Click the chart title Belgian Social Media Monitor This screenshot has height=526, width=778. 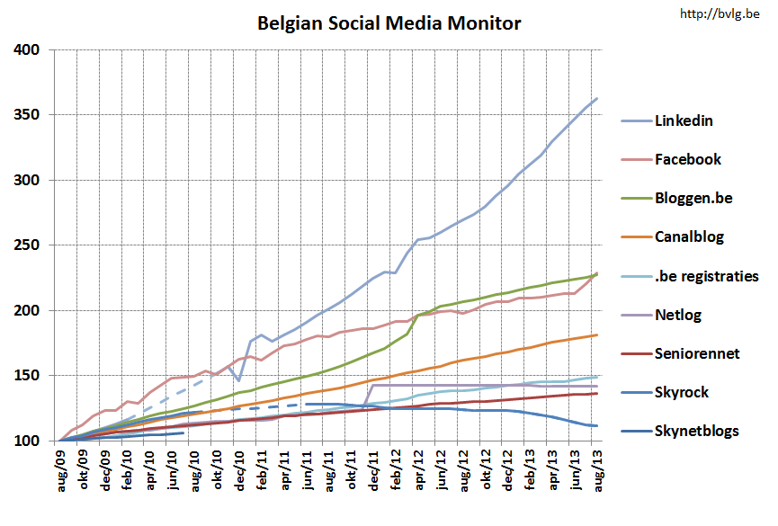click(389, 22)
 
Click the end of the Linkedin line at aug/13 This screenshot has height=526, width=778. click(596, 98)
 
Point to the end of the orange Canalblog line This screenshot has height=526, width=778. click(596, 335)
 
